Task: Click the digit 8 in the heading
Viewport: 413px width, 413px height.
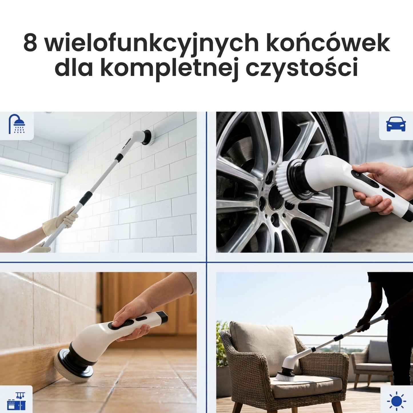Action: click(x=30, y=43)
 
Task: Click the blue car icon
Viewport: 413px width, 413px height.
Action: click(x=396, y=125)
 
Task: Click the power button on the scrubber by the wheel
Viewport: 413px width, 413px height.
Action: click(x=357, y=174)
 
